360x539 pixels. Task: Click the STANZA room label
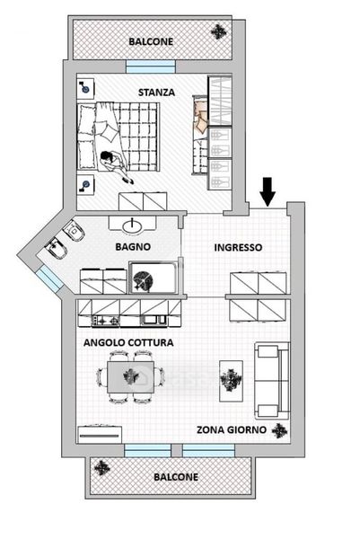coord(156,93)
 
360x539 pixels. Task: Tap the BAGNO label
coord(133,247)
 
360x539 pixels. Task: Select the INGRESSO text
coord(238,248)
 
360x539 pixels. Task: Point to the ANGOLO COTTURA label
coord(128,343)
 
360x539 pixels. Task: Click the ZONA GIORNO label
coord(232,429)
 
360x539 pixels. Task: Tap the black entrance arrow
coord(268,192)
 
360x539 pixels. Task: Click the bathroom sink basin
coord(132,225)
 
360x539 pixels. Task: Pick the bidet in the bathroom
coord(57,249)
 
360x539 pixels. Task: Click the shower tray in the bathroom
coord(153,278)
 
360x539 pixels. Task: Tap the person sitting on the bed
coord(116,166)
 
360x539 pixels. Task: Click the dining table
coord(130,376)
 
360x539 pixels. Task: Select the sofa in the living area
coord(272,380)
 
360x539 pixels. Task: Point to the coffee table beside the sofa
coord(232,381)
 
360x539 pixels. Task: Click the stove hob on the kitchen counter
coord(105,321)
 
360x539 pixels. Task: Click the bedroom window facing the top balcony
coord(151,66)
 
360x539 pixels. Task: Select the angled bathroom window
coord(49,278)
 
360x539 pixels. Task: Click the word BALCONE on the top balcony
coord(151,41)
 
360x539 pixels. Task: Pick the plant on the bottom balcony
coord(102,468)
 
